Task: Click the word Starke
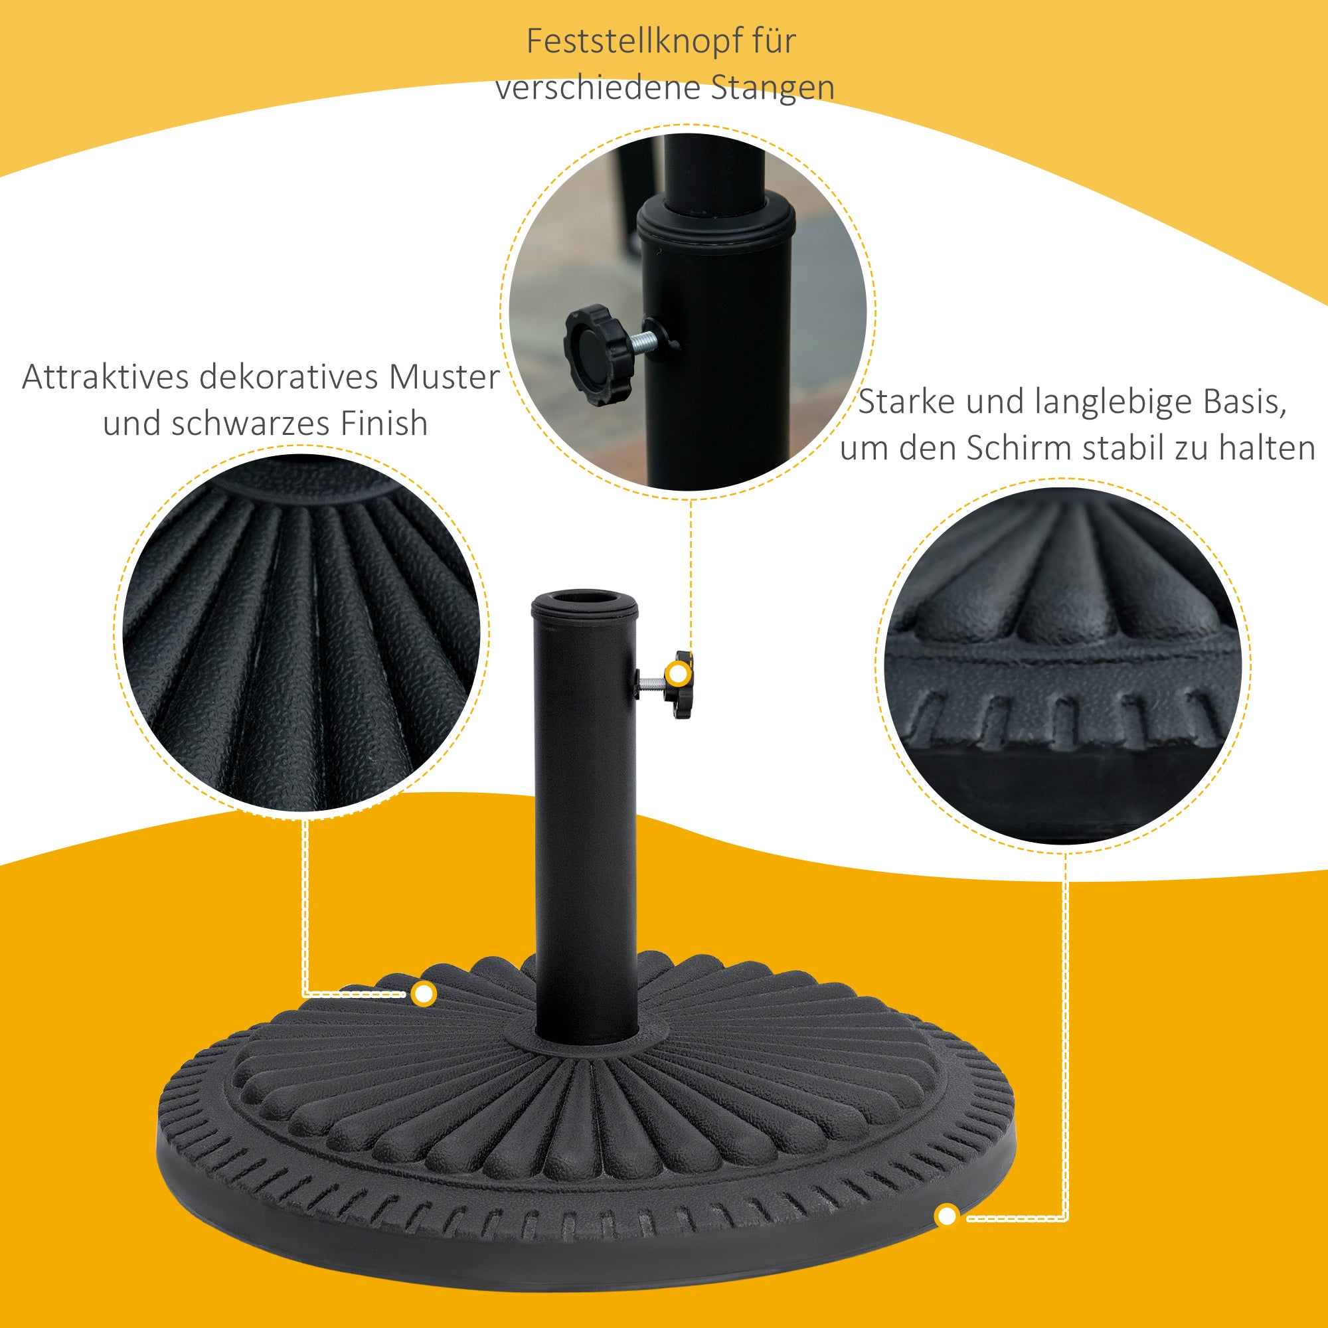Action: tap(905, 402)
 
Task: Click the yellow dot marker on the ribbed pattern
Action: tap(425, 994)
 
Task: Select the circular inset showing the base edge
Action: tap(1062, 665)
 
